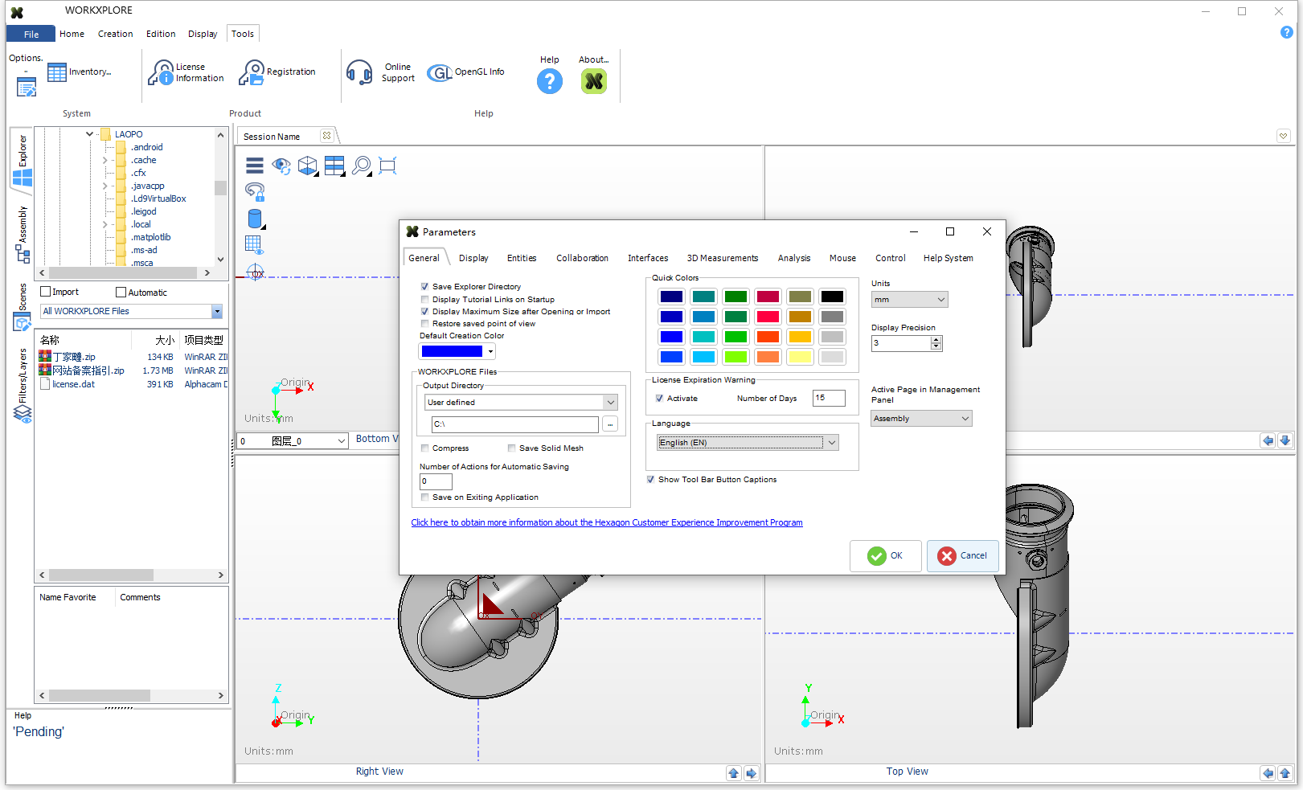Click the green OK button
pos(885,555)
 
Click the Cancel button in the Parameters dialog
pos(962,555)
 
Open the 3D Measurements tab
pos(722,258)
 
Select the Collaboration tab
pos(582,258)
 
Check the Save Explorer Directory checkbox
pos(424,286)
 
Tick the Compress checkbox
pos(424,448)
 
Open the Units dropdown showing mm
pos(909,300)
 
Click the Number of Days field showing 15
pos(828,398)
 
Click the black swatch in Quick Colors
pos(832,297)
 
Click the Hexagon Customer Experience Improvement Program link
pos(606,522)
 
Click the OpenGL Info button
pos(466,72)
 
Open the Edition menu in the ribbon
pos(161,34)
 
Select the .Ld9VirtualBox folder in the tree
pos(158,199)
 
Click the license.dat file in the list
pos(73,384)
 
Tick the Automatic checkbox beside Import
pos(121,293)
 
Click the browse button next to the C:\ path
pos(610,424)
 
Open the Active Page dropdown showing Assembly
pos(921,419)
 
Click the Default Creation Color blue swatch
pos(452,351)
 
